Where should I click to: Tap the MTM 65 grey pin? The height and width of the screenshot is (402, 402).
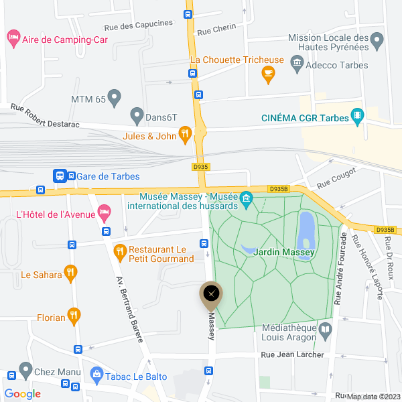[x=115, y=97]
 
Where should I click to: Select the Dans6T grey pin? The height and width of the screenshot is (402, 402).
[x=137, y=115]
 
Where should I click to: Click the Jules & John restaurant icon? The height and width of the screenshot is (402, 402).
[x=186, y=136]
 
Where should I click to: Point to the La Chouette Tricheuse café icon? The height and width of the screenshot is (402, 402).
[x=269, y=74]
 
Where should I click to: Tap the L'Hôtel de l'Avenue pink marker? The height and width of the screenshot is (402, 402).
[x=104, y=213]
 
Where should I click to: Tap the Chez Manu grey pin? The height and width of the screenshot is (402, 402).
[x=25, y=369]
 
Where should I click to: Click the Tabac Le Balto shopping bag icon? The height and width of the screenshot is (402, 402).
[x=97, y=375]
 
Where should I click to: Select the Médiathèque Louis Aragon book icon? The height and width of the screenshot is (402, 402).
[x=326, y=329]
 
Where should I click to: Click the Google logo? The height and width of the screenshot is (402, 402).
[x=22, y=394]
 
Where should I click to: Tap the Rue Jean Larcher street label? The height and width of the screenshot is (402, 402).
[x=291, y=354]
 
